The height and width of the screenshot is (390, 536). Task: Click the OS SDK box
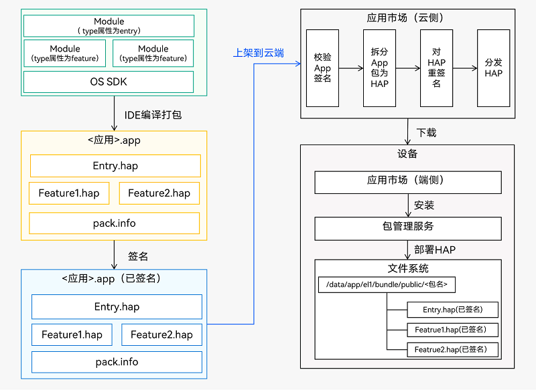click(109, 82)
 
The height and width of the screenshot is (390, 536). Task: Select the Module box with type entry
click(109, 26)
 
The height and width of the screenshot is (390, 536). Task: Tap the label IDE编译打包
click(153, 115)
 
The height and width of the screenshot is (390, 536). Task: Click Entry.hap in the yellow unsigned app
click(115, 166)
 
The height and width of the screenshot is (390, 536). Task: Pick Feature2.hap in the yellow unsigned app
click(159, 193)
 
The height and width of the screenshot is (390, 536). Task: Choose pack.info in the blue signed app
click(117, 362)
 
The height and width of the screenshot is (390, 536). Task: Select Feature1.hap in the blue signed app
click(72, 334)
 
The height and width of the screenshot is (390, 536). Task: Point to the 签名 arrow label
click(138, 256)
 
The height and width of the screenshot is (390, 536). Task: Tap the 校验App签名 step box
click(322, 68)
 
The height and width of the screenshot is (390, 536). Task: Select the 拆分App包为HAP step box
click(379, 68)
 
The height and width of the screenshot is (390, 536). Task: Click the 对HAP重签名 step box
click(436, 68)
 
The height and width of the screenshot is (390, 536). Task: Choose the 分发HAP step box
click(494, 68)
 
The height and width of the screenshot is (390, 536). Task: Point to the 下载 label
click(426, 132)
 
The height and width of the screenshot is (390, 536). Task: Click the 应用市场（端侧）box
click(408, 182)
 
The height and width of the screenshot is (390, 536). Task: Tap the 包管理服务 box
click(408, 227)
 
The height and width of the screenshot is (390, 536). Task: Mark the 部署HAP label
click(435, 250)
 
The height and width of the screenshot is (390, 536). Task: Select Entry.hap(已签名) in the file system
click(454, 309)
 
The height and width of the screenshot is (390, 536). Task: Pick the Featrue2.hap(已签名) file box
click(454, 349)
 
